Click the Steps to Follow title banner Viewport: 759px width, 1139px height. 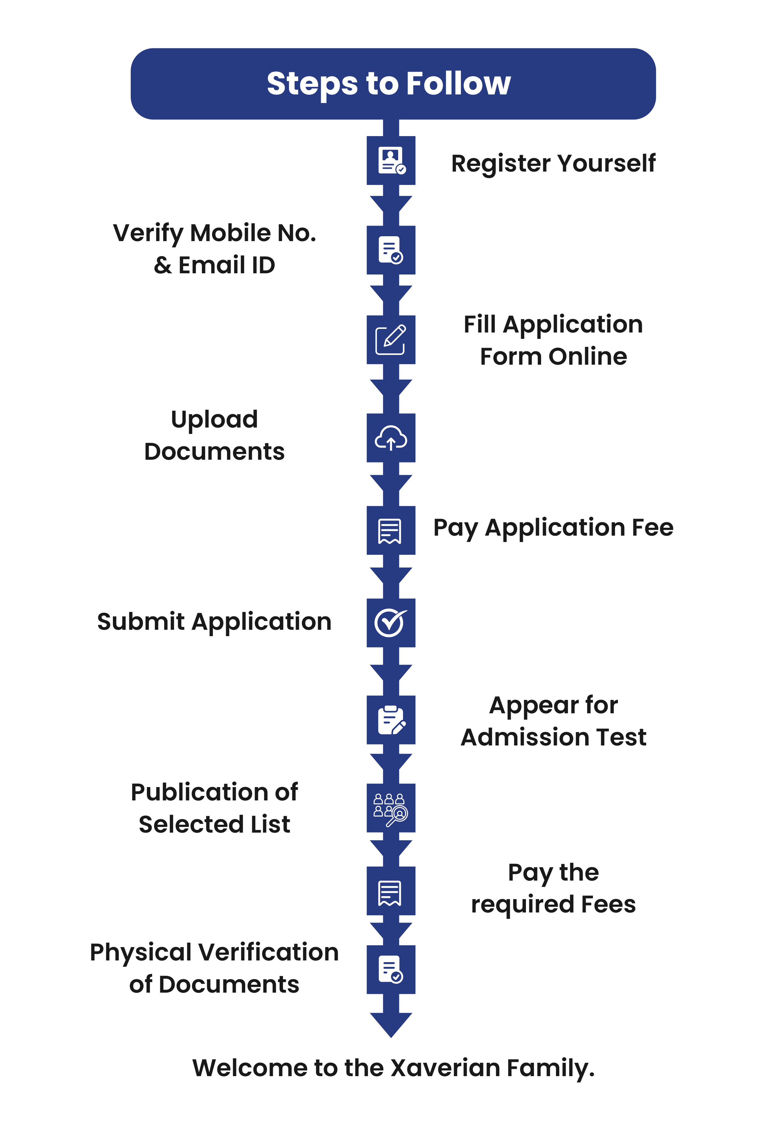pos(393,84)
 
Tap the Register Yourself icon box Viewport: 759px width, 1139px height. pos(391,160)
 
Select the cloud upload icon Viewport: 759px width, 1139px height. pos(391,438)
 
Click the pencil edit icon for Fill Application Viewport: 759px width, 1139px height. pos(391,339)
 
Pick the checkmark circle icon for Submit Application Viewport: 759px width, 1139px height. pos(391,623)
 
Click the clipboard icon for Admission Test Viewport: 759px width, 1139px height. pos(391,720)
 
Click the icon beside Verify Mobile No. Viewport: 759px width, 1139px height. pos(391,250)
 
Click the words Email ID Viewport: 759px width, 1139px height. pos(226,265)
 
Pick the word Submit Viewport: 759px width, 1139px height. pos(141,622)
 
